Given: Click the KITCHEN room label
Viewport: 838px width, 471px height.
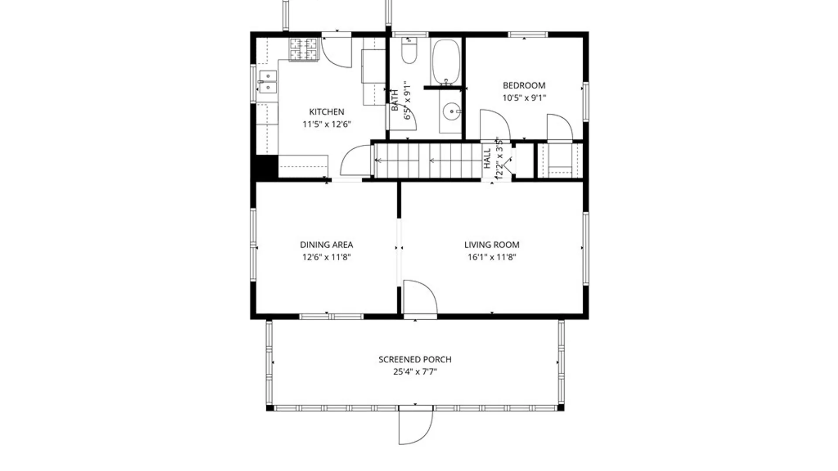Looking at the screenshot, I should click(326, 112).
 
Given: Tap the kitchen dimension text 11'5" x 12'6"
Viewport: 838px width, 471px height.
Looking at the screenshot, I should click(326, 124).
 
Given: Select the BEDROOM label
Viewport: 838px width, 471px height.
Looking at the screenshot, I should click(524, 85).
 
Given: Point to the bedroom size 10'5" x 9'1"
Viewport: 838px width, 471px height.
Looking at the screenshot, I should click(524, 98).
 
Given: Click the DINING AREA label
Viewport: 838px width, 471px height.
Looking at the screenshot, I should click(326, 245).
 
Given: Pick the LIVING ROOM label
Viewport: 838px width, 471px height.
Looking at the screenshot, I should click(491, 245).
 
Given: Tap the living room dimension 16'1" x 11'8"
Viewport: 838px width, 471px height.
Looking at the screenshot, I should click(491, 257).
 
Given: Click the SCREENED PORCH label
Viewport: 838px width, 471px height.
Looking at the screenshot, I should click(415, 359).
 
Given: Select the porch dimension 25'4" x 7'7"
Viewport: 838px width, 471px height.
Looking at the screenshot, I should click(415, 372).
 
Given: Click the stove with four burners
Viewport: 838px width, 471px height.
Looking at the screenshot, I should click(303, 49).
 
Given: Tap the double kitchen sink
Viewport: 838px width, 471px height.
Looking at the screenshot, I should click(268, 82).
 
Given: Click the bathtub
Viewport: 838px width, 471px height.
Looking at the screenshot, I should click(446, 61).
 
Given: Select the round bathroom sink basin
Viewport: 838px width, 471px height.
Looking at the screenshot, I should click(451, 112).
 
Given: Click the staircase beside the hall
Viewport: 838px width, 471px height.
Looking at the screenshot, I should click(428, 161).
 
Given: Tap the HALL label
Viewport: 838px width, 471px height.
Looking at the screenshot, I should click(487, 159).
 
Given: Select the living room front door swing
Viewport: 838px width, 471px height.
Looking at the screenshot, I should click(419, 297).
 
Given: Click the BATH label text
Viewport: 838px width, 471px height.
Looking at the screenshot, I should click(395, 100).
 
